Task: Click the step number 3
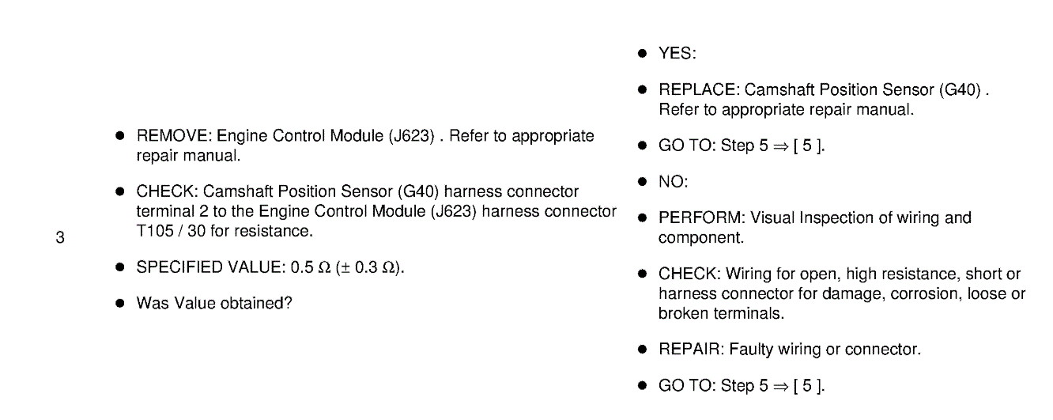(59, 237)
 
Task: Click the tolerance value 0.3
(369, 267)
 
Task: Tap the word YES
(676, 54)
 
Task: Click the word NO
(673, 182)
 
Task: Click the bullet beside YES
(643, 54)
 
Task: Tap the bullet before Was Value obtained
(120, 303)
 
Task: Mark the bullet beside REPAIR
(643, 349)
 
